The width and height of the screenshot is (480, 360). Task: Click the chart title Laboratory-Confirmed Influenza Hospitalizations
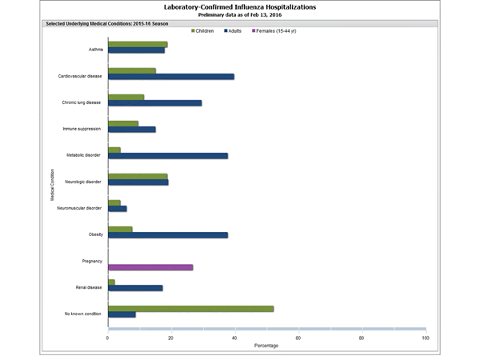239,6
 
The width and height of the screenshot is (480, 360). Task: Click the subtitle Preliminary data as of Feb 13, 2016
239,14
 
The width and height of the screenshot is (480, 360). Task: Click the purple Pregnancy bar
150,267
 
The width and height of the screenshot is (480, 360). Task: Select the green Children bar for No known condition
190,308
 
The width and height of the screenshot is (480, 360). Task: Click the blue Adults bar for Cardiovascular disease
171,77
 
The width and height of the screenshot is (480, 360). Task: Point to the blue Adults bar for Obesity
168,235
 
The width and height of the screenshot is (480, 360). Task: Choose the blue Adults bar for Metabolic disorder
168,156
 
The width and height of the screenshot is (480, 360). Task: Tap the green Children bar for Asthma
138,44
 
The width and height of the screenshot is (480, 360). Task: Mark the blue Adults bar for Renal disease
135,288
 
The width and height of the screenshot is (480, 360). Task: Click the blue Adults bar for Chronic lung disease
154,103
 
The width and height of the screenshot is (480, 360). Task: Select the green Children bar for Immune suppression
123,123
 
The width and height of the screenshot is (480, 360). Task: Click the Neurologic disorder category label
83,182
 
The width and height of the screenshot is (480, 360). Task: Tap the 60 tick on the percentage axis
298,338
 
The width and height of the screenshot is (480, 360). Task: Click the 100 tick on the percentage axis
425,338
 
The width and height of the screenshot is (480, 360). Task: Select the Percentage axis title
266,346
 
